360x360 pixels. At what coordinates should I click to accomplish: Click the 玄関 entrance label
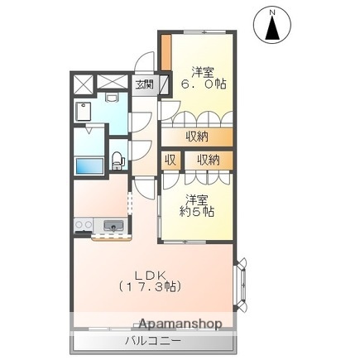click(x=145, y=83)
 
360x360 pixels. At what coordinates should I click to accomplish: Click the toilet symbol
click(x=117, y=156)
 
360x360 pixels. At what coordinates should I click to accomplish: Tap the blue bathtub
click(x=89, y=166)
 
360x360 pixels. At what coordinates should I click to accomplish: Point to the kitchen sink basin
click(x=112, y=225)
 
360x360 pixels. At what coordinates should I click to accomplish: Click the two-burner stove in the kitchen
click(x=84, y=224)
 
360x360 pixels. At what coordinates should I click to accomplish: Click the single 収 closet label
click(x=170, y=159)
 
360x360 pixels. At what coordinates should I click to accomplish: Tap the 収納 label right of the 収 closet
click(x=208, y=159)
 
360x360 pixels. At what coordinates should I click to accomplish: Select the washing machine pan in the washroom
click(x=85, y=112)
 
